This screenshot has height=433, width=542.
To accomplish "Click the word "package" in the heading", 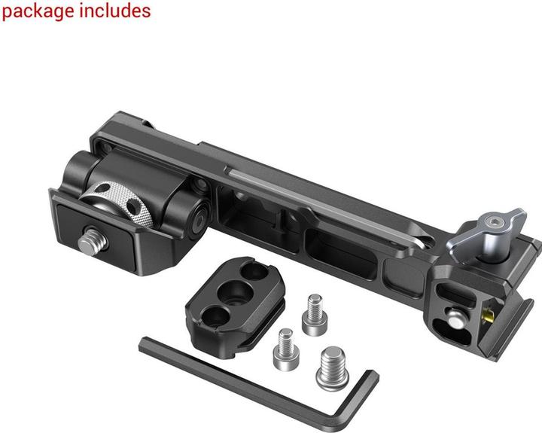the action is click(x=38, y=12).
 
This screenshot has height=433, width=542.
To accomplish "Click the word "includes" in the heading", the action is click(x=115, y=11).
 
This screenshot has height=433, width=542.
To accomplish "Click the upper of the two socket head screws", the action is click(x=315, y=314).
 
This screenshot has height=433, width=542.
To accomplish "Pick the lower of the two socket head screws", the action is click(x=286, y=349).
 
